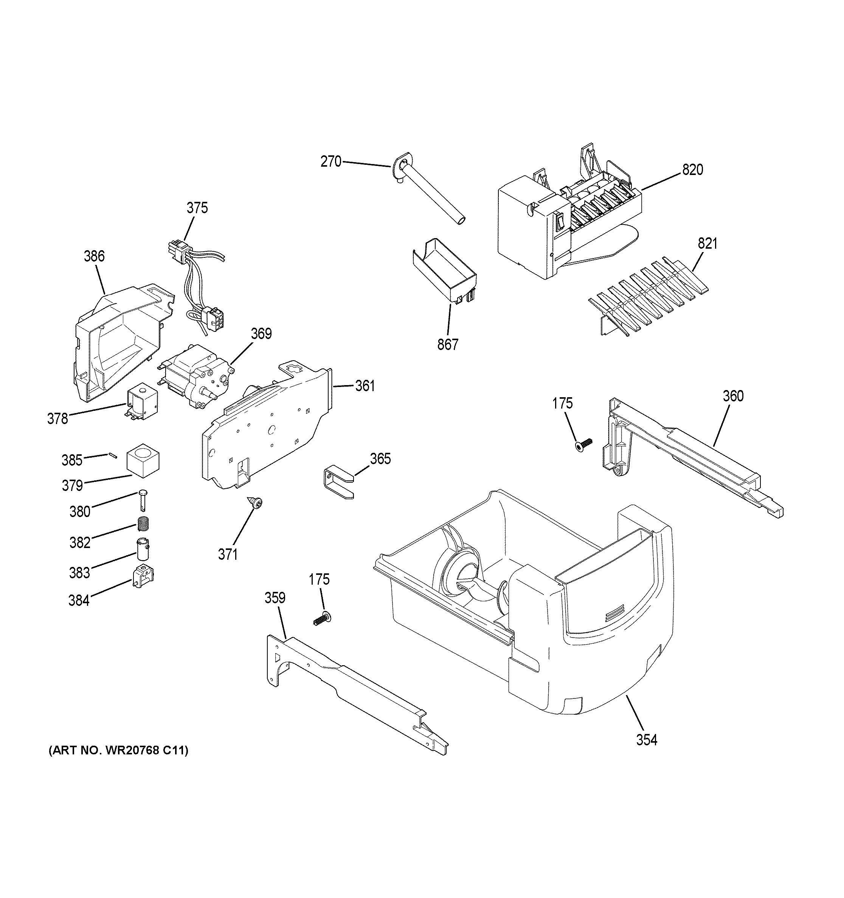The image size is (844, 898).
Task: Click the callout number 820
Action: coord(693,170)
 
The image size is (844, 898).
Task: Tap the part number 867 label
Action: coord(447,345)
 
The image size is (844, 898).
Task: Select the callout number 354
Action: coord(647,740)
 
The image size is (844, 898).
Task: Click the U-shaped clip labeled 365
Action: coord(339,483)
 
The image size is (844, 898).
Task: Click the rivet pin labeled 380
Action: coord(143,500)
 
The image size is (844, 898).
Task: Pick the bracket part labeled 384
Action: coord(143,576)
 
